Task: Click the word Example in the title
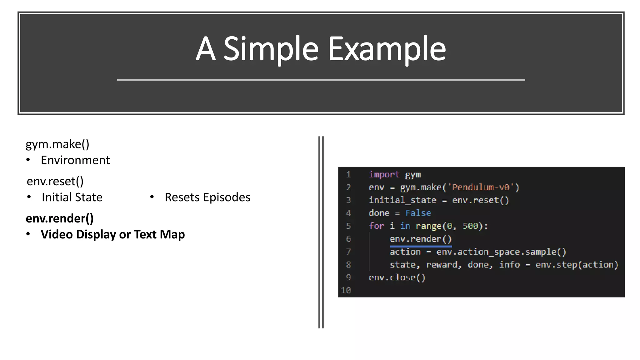[x=387, y=49]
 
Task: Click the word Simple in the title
[x=271, y=49]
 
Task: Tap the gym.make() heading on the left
[x=57, y=144]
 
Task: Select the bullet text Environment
[x=75, y=160]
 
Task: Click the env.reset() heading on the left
[x=55, y=181]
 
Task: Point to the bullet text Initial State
[x=72, y=197]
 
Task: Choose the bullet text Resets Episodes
[x=207, y=197]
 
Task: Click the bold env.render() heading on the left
[x=60, y=218]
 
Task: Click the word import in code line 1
[x=384, y=174]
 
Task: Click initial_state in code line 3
[x=402, y=200]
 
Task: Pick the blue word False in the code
[x=418, y=213]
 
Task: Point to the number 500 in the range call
[x=470, y=226]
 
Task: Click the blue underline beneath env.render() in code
[x=421, y=247]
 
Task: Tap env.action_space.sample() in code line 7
[x=501, y=252]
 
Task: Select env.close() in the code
[x=397, y=277]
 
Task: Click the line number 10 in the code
[x=346, y=291]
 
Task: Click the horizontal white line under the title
[x=321, y=80]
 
